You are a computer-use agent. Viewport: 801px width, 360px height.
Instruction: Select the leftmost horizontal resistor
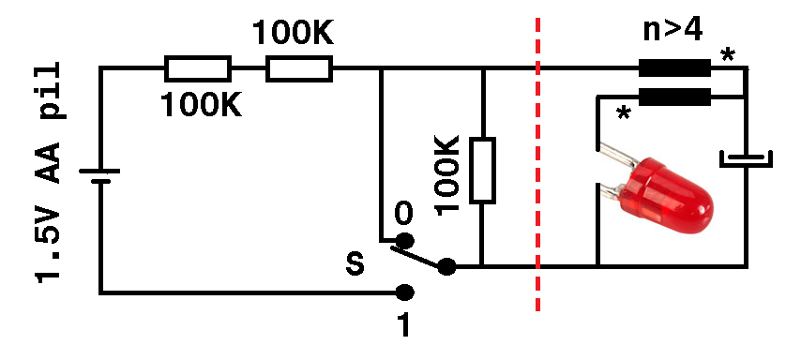point(197,68)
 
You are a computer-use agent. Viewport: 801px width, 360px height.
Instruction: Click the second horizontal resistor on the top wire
point(298,68)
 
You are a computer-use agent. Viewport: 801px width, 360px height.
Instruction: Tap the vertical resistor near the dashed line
point(482,170)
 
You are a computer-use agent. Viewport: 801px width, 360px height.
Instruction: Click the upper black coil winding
point(674,67)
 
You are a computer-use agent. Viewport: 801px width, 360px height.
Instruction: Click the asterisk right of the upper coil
point(728,56)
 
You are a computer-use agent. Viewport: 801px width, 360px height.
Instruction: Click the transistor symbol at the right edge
point(747,158)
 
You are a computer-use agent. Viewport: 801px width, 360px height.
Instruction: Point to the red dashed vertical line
point(538,169)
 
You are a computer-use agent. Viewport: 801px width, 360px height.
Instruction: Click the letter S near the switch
point(355,263)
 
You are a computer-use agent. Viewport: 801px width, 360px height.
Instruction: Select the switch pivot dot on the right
point(446,267)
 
